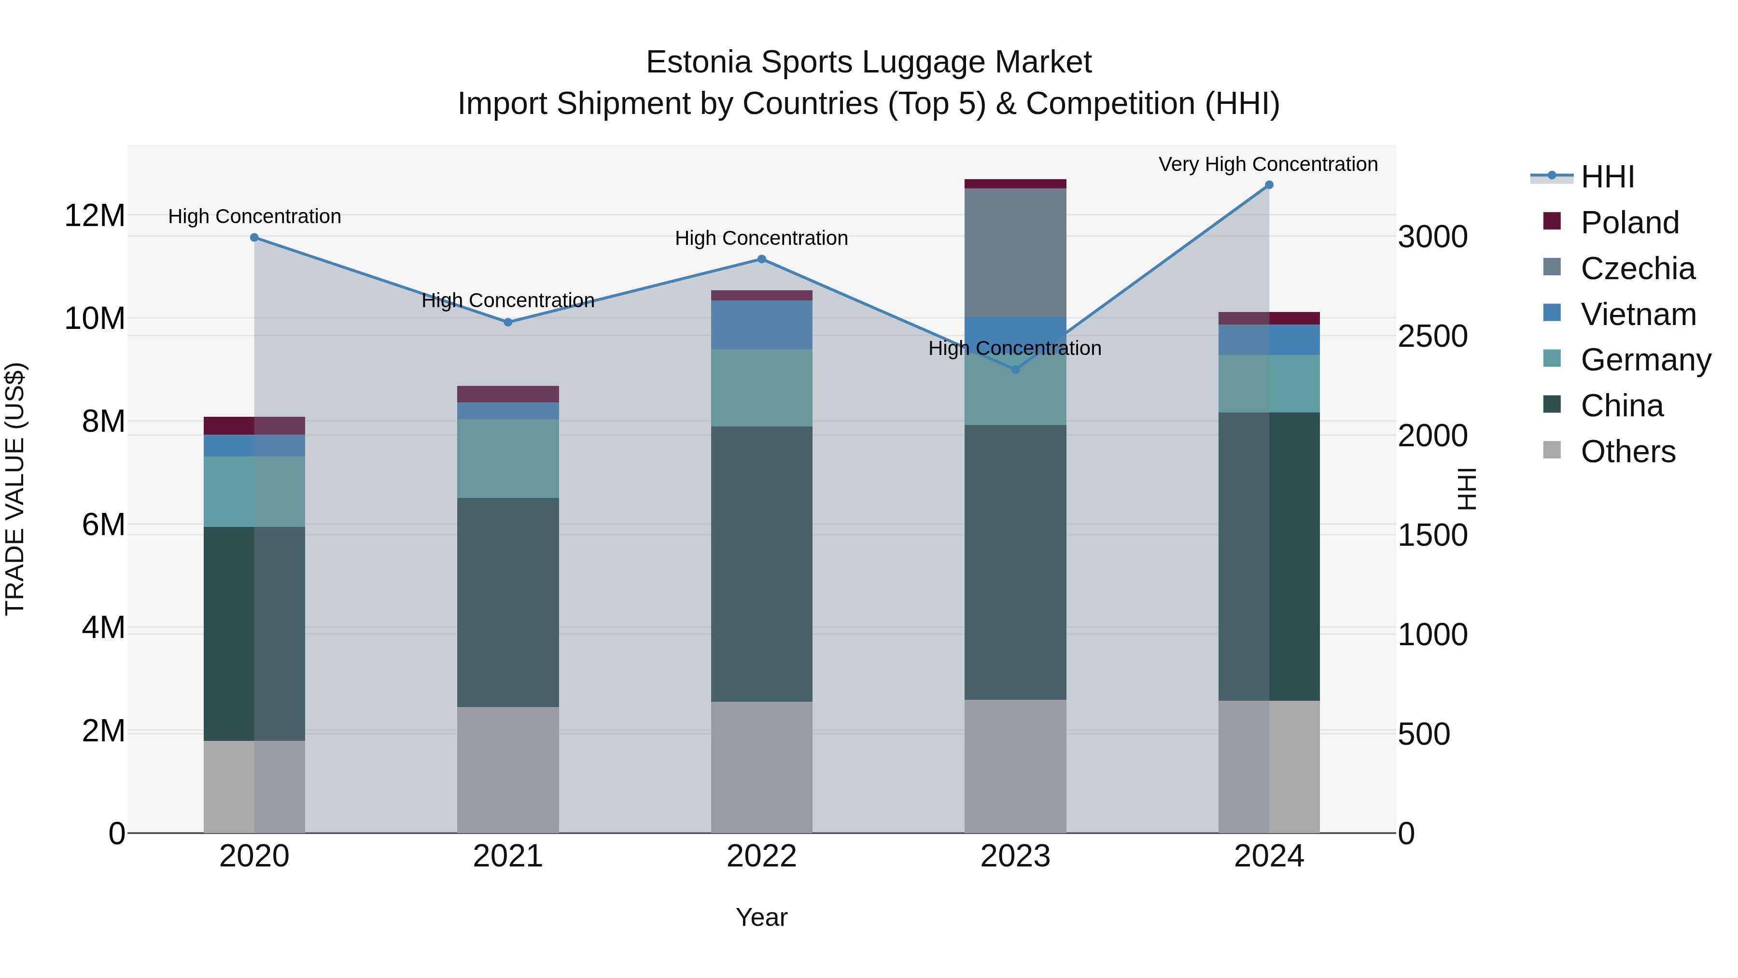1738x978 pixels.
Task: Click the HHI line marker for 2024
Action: tap(1268, 185)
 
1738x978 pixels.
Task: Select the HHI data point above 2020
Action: tap(254, 238)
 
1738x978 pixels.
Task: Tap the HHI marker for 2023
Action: tap(1015, 369)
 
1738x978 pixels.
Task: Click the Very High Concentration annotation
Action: tap(1268, 164)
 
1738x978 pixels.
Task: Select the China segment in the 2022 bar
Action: tap(762, 564)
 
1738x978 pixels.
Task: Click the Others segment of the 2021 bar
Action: tap(508, 769)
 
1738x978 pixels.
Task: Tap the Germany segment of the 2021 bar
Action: tap(508, 458)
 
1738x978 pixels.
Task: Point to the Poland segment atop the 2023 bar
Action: tap(1015, 184)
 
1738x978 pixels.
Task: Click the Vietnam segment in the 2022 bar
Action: tap(762, 325)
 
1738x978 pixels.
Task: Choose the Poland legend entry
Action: tap(1629, 223)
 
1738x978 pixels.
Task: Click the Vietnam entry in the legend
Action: tap(1638, 314)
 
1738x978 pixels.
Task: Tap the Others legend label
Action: tap(1627, 452)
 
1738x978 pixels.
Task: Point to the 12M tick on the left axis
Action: tap(95, 216)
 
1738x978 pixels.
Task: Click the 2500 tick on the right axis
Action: tap(1432, 336)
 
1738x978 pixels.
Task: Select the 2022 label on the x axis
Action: tap(762, 856)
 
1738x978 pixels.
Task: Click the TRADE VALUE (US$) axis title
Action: tap(15, 489)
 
